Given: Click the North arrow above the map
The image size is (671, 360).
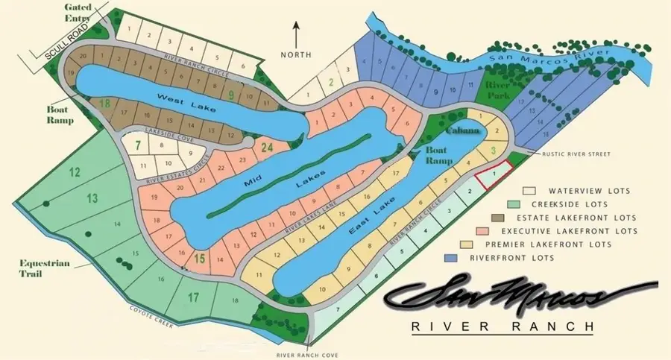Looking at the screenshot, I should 295,34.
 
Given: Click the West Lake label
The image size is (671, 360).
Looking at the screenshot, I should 187,102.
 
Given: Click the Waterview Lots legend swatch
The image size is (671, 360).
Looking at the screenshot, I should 532,191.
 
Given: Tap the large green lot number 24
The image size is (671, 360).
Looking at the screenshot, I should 267,148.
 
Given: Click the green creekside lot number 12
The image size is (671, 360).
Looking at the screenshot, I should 75,173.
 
